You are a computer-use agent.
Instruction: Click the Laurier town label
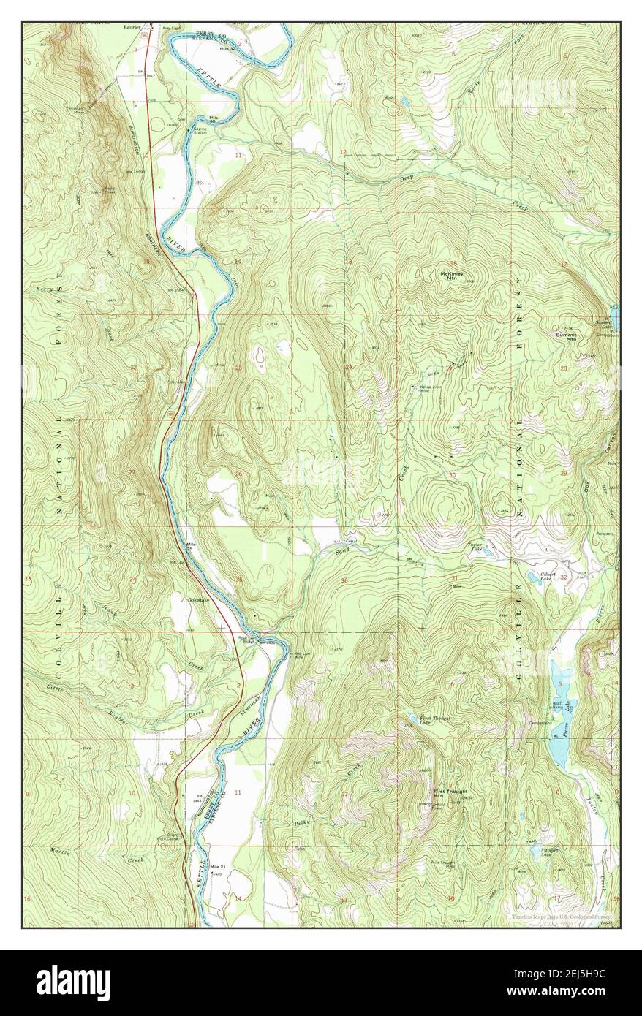pos(132,26)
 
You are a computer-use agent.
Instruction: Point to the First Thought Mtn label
pos(449,793)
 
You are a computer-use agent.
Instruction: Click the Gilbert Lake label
pos(549,576)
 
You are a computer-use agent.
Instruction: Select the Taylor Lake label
pos(475,546)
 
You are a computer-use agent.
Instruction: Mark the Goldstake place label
pos(198,600)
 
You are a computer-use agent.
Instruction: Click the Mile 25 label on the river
pos(192,547)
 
